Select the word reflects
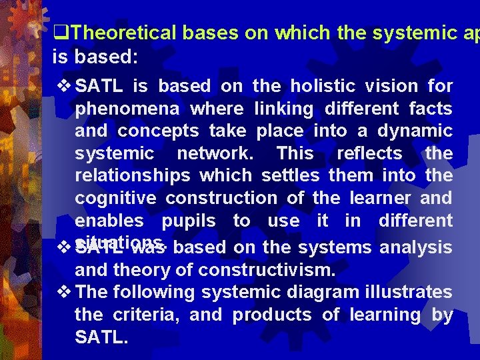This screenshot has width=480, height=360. (x=369, y=153)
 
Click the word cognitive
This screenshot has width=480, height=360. (x=116, y=198)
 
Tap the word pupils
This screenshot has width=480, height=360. (x=189, y=221)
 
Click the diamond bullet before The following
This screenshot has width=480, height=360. (x=64, y=292)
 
